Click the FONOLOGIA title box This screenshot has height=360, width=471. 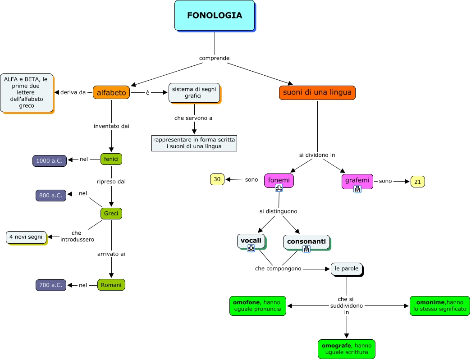click(215, 16)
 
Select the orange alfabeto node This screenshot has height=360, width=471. click(111, 93)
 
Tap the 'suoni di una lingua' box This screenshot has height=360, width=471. click(317, 93)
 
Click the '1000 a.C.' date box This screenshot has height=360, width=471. click(50, 160)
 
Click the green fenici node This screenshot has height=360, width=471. click(111, 159)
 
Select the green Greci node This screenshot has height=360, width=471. click(111, 213)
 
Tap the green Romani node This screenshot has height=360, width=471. click(111, 285)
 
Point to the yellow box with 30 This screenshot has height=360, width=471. click(217, 179)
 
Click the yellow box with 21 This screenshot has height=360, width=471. click(417, 182)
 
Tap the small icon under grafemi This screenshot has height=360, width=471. click(357, 189)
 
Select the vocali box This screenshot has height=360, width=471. click(251, 241)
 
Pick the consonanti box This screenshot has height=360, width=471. click(306, 241)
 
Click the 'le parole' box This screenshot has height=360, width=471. click(347, 269)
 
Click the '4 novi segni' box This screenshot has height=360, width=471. click(26, 237)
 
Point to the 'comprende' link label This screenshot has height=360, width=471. click(215, 58)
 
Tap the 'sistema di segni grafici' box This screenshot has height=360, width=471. click(195, 92)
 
